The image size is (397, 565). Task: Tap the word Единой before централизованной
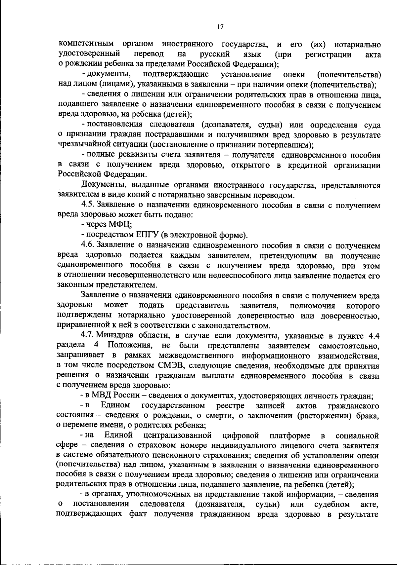pyautogui.click(x=118, y=435)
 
